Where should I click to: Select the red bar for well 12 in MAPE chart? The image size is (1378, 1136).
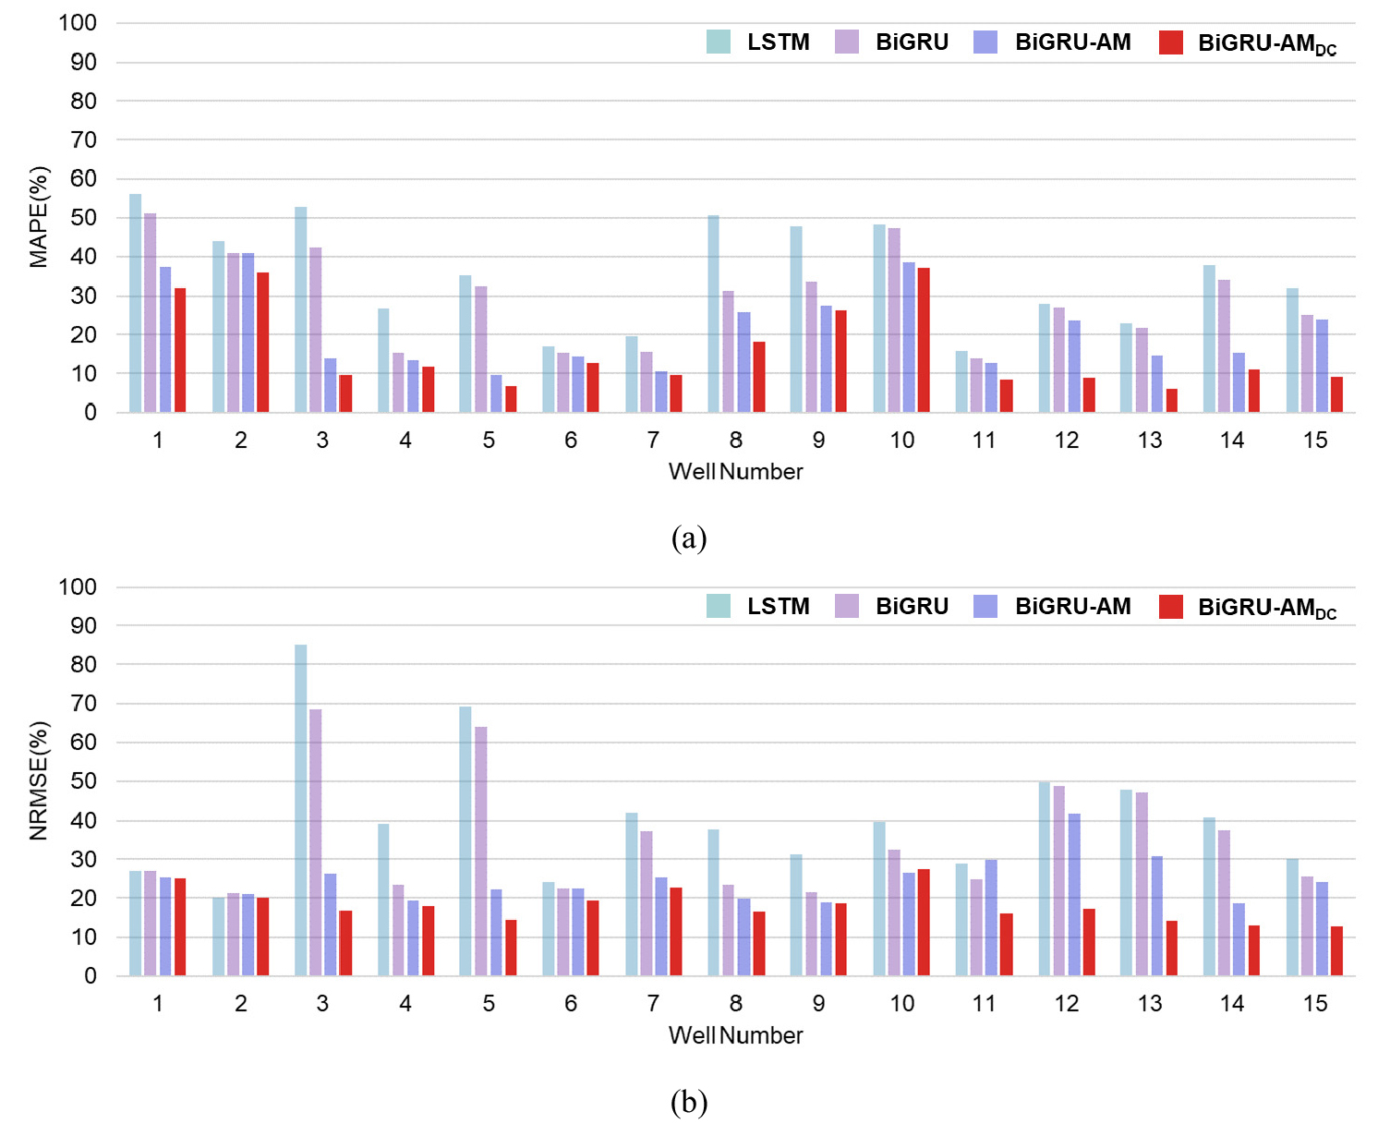click(1089, 394)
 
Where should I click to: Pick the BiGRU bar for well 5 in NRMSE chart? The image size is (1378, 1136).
click(481, 851)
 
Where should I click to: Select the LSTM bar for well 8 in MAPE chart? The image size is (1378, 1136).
click(714, 314)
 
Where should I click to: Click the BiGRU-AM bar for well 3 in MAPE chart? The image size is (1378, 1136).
click(331, 385)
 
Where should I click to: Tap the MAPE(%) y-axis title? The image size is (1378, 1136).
click(38, 217)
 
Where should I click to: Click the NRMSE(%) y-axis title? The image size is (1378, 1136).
click(38, 781)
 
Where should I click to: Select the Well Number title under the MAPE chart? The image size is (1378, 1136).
click(735, 472)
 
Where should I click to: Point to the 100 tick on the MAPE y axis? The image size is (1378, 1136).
click(78, 23)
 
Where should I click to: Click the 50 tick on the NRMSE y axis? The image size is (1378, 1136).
click(83, 781)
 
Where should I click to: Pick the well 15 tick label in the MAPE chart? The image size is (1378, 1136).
click(1314, 441)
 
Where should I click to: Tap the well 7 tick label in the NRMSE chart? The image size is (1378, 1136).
click(653, 1004)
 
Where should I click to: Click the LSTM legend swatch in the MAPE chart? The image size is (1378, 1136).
click(719, 42)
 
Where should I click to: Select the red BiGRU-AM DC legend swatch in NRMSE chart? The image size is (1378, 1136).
click(1171, 607)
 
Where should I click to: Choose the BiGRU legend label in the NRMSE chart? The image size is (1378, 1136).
click(912, 607)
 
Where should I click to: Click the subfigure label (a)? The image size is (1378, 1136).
click(689, 538)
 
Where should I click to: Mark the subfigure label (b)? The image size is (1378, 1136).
click(689, 1102)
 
